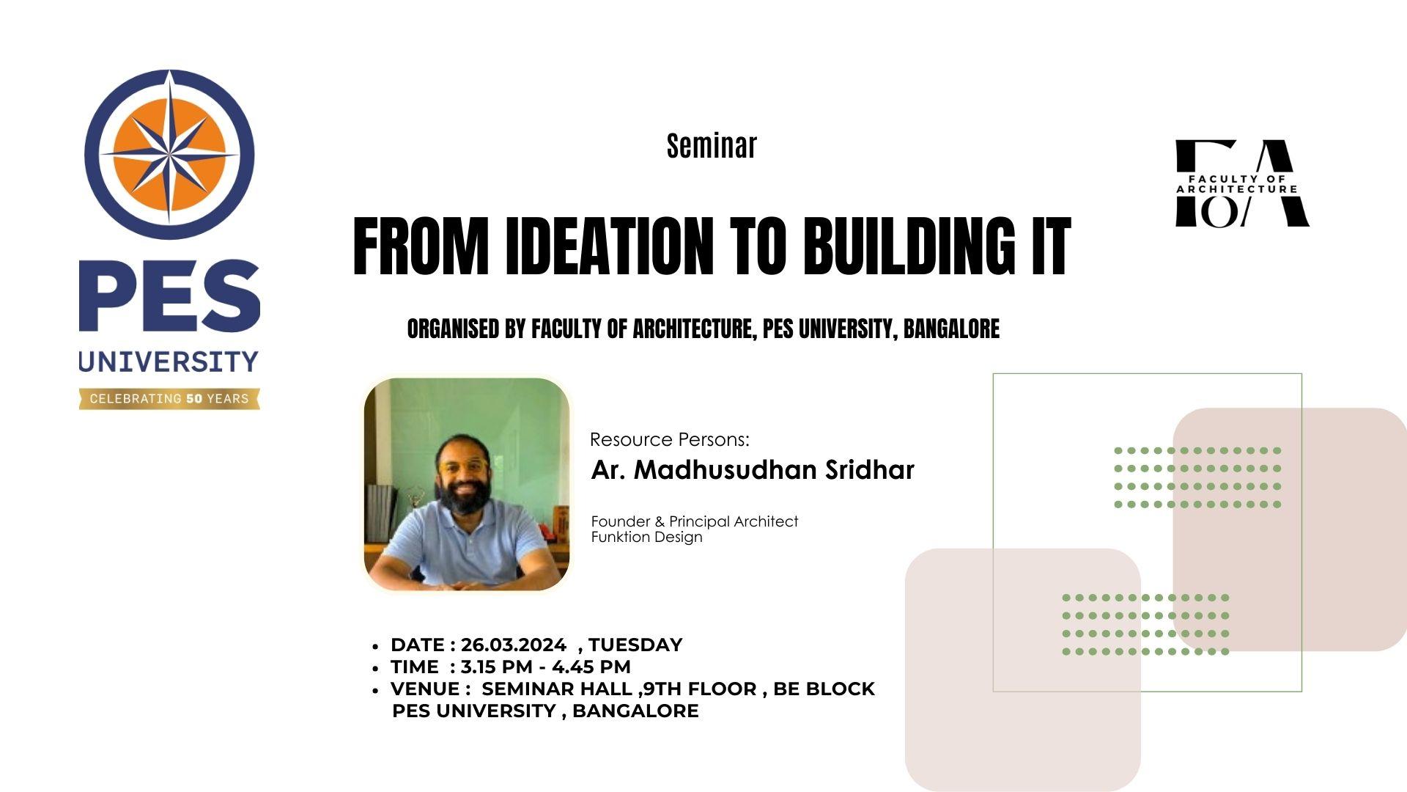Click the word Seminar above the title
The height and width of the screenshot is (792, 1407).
click(x=712, y=145)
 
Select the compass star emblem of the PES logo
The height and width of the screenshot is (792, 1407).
click(x=169, y=155)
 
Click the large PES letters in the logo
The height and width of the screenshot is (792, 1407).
click(x=169, y=296)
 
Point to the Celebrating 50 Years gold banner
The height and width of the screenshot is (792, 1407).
click(x=169, y=399)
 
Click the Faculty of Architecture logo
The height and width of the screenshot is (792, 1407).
click(x=1242, y=183)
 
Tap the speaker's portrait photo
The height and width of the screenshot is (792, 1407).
click(x=467, y=484)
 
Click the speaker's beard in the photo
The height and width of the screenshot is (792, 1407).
click(x=463, y=498)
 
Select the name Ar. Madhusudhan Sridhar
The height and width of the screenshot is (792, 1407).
click(x=753, y=470)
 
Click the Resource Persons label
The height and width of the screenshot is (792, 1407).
click(x=670, y=439)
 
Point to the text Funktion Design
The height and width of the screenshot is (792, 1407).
click(x=647, y=537)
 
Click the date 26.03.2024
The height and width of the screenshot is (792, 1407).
click(x=514, y=645)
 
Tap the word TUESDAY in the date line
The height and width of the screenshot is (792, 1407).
click(x=635, y=645)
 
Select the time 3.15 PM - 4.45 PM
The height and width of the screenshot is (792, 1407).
click(x=546, y=667)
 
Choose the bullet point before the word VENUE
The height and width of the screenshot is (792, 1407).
click(x=375, y=691)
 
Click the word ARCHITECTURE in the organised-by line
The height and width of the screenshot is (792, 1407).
click(x=693, y=329)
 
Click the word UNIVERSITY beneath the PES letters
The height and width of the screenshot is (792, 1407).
click(x=169, y=362)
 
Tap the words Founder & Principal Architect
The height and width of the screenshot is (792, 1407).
click(x=695, y=521)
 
